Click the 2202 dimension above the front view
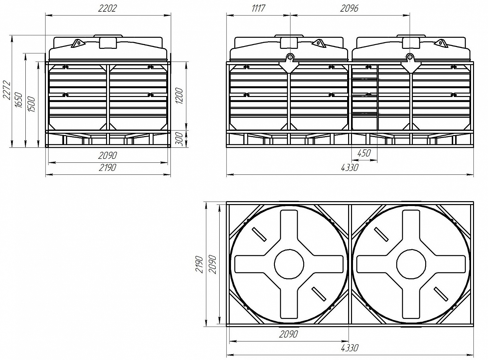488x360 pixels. coord(107,8)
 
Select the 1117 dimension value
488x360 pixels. coord(258,8)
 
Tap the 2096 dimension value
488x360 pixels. coord(349,8)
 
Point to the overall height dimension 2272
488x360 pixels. coord(7,90)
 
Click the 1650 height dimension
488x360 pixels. coord(19,100)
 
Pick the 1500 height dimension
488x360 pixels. coord(31,104)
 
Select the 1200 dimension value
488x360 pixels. coord(179,96)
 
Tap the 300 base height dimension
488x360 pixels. coord(179,139)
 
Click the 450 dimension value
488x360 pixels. coord(364,153)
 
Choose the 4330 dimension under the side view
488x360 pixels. coord(350,168)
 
